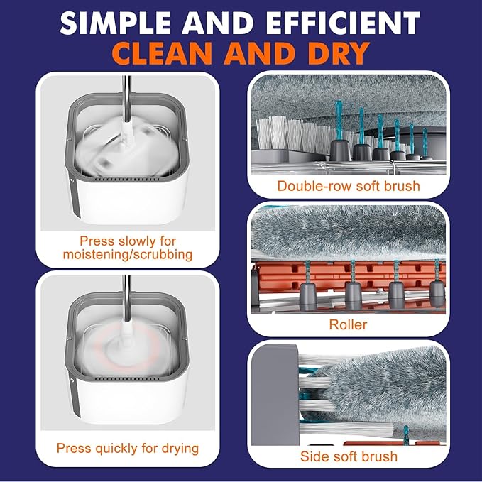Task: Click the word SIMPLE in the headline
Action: [115, 23]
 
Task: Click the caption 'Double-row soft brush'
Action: [349, 186]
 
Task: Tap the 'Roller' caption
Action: [349, 324]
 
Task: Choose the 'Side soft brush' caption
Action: [349, 456]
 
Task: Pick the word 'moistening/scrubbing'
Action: [128, 255]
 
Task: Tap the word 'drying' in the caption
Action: [180, 449]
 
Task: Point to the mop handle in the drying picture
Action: [126, 298]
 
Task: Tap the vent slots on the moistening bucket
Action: [127, 179]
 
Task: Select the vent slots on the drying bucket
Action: [127, 379]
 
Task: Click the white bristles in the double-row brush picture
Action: [292, 133]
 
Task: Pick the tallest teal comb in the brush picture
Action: [339, 120]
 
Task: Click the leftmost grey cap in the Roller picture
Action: [308, 296]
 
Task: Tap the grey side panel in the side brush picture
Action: [275, 395]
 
